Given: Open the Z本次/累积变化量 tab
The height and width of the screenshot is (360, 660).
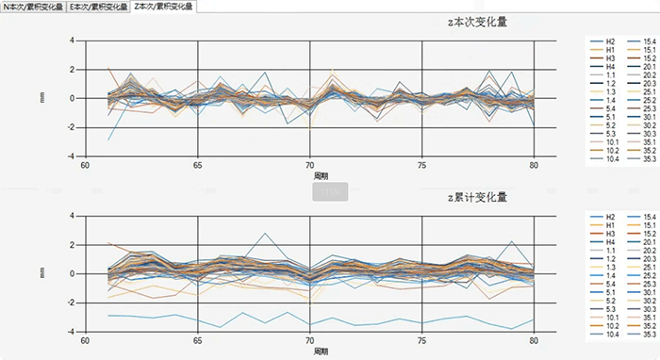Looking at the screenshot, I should (x=163, y=6).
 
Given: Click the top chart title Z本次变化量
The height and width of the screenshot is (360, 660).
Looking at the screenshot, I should (x=477, y=22).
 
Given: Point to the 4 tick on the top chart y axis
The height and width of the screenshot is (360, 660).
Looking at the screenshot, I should (x=73, y=41).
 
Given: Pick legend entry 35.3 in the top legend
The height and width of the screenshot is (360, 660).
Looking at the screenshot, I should (x=650, y=159).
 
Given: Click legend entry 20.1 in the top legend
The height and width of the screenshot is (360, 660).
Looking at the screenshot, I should (x=650, y=67).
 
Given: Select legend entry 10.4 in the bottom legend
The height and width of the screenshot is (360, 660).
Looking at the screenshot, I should (x=611, y=334).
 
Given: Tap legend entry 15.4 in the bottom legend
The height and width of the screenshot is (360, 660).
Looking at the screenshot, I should (x=650, y=216).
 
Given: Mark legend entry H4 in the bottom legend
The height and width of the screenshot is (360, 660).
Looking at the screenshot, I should (x=611, y=241).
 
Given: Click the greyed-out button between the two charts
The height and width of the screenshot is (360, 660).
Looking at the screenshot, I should (x=329, y=190).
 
